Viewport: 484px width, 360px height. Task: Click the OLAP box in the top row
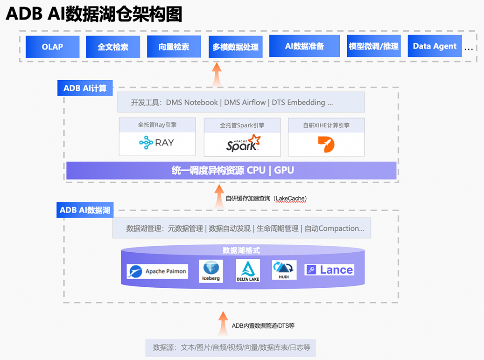click(52, 47)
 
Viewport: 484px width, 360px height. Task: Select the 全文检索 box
click(113, 47)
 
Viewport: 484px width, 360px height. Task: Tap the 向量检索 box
click(174, 47)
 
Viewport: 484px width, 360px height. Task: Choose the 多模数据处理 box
click(235, 47)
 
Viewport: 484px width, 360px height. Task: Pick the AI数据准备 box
click(304, 46)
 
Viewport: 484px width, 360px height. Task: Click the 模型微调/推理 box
click(373, 46)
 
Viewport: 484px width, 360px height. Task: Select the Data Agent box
click(435, 46)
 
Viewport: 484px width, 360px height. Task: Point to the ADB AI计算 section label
click(85, 88)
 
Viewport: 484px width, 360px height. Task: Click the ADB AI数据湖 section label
click(85, 210)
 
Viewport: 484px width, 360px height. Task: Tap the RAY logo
click(157, 142)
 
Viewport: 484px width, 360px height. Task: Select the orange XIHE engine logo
click(326, 144)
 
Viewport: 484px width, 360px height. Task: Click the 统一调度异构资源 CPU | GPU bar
click(231, 170)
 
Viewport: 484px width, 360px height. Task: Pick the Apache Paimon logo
click(157, 271)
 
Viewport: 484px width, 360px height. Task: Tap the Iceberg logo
click(210, 271)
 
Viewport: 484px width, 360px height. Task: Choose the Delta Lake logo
click(248, 271)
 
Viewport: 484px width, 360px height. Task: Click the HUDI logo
click(284, 270)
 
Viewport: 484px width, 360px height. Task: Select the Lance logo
click(329, 270)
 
